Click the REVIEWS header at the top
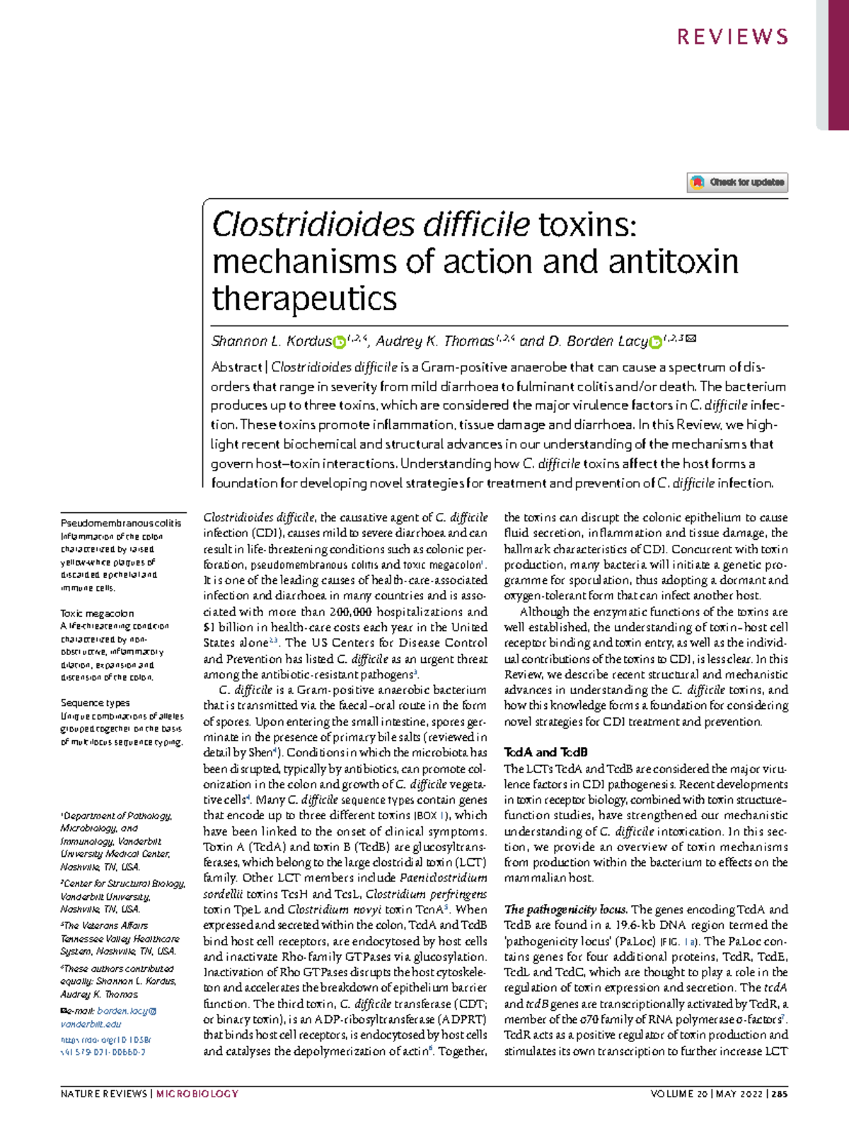click(x=732, y=37)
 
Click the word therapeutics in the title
click(x=304, y=298)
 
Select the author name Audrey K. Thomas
click(x=434, y=342)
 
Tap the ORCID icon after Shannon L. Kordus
click(x=340, y=342)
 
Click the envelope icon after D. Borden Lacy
click(x=692, y=340)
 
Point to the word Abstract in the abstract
click(x=236, y=367)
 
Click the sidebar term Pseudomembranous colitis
click(x=121, y=524)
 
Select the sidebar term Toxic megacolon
click(x=97, y=613)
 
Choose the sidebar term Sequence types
click(x=95, y=703)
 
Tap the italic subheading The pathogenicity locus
click(x=565, y=909)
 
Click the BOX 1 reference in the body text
click(x=426, y=816)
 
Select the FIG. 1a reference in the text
click(x=680, y=941)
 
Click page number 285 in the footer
click(x=779, y=1094)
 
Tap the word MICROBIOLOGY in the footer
click(x=197, y=1094)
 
